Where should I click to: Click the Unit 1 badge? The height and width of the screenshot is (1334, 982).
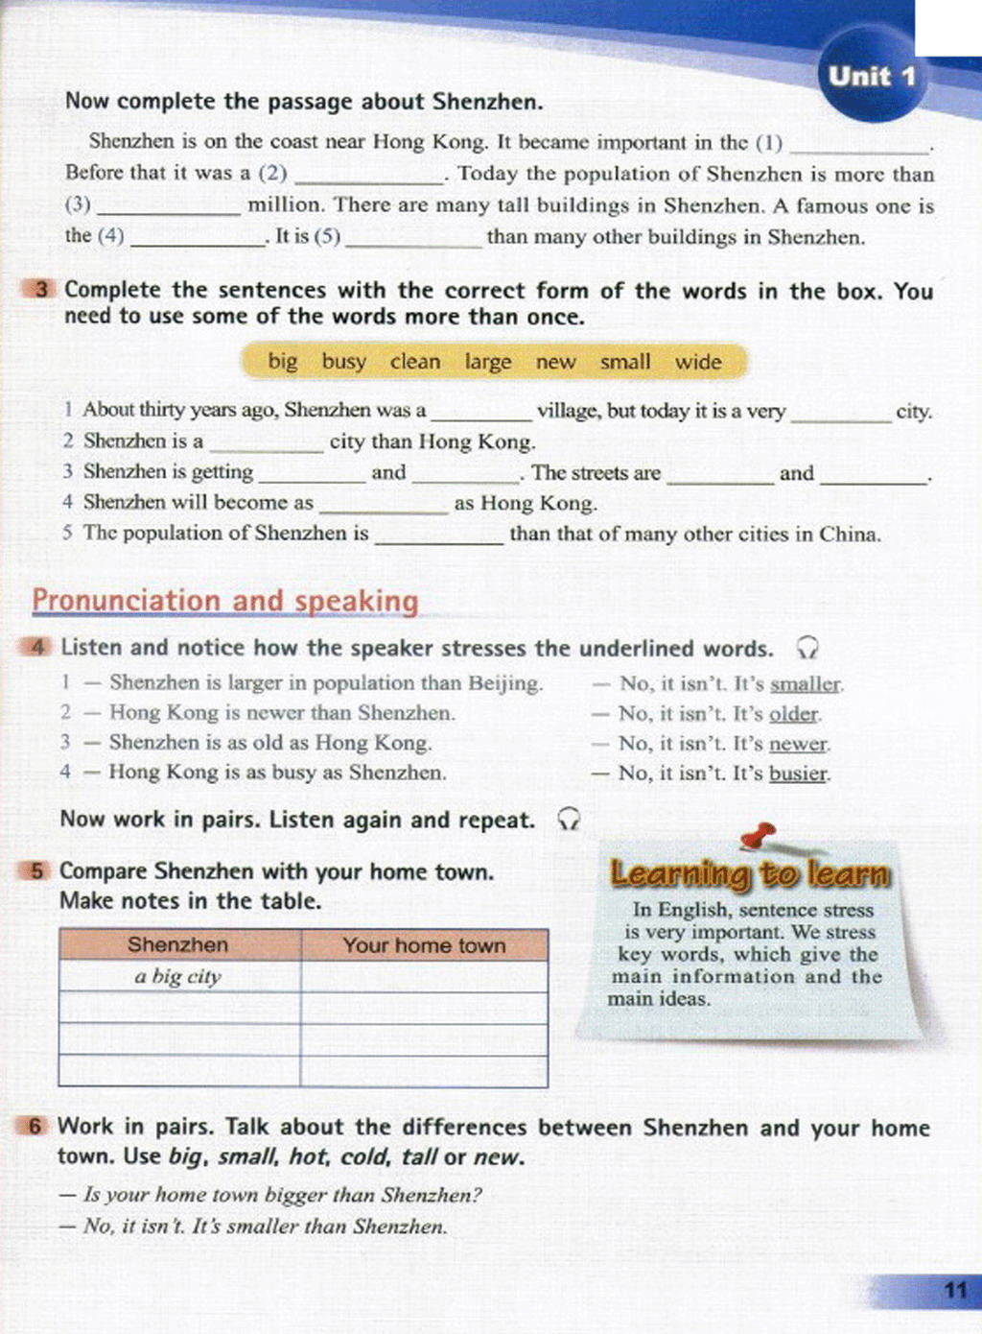[x=872, y=77]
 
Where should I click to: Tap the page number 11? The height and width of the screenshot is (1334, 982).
[x=954, y=1289]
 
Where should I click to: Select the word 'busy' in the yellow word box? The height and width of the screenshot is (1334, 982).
[x=343, y=362]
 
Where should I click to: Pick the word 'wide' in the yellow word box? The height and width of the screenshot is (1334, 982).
[x=697, y=362]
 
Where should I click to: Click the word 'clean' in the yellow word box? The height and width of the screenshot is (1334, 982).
[x=414, y=362]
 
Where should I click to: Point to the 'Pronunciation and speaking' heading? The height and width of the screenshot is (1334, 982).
[x=225, y=601]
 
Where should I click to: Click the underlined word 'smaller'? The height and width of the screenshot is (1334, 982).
[x=806, y=684]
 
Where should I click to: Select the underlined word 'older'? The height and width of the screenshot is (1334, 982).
[x=794, y=714]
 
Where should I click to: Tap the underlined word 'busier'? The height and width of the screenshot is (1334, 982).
[x=798, y=774]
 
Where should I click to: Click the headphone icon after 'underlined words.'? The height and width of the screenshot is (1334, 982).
[x=807, y=649]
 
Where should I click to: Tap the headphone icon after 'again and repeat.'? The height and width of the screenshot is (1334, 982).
[x=569, y=820]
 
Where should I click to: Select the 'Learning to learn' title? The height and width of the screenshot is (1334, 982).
[x=750, y=873]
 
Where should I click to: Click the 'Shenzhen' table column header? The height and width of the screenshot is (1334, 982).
[x=178, y=945]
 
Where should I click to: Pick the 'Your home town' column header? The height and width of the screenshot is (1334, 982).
[x=424, y=945]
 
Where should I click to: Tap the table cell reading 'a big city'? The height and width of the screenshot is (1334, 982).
[x=178, y=977]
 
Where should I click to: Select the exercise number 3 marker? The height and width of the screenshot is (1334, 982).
[x=41, y=290]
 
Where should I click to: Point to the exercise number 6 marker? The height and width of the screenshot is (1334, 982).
[x=35, y=1127]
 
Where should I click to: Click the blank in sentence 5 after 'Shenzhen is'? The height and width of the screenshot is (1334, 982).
[x=438, y=536]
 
